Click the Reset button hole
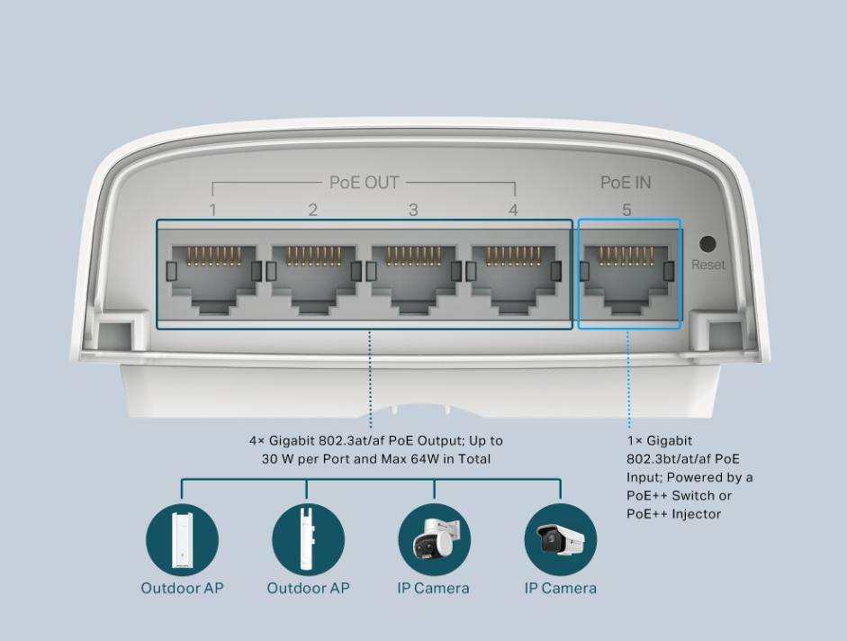pos(707,244)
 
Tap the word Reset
pos(708,265)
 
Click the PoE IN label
pos(626,183)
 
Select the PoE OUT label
pos(364,183)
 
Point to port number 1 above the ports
pos(212,210)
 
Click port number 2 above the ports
pos(312,210)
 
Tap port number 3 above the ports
pos(413,210)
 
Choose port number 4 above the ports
pos(513,210)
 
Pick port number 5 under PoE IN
pos(626,210)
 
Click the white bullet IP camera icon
pos(560,539)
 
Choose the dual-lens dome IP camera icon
pos(435,539)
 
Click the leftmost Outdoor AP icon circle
pos(182,539)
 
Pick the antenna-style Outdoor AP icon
pos(308,539)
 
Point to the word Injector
pos(697,513)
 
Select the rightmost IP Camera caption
pos(560,588)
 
